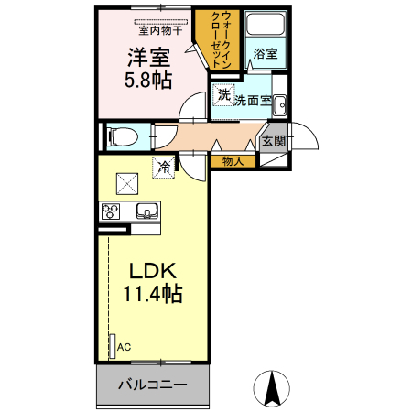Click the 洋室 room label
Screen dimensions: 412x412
pos(146,55)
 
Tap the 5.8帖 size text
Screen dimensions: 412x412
pos(146,79)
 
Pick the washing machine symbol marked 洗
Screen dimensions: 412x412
pos(223,95)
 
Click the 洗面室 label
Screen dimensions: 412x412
pos(252,101)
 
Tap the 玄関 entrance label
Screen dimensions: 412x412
pos(273,142)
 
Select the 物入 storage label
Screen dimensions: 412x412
pos(233,161)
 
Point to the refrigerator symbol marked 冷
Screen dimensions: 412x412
pos(163,168)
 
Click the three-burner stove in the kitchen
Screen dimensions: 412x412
pos(112,211)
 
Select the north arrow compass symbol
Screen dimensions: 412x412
pos(272,388)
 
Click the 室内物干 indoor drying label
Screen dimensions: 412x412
pos(159,29)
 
